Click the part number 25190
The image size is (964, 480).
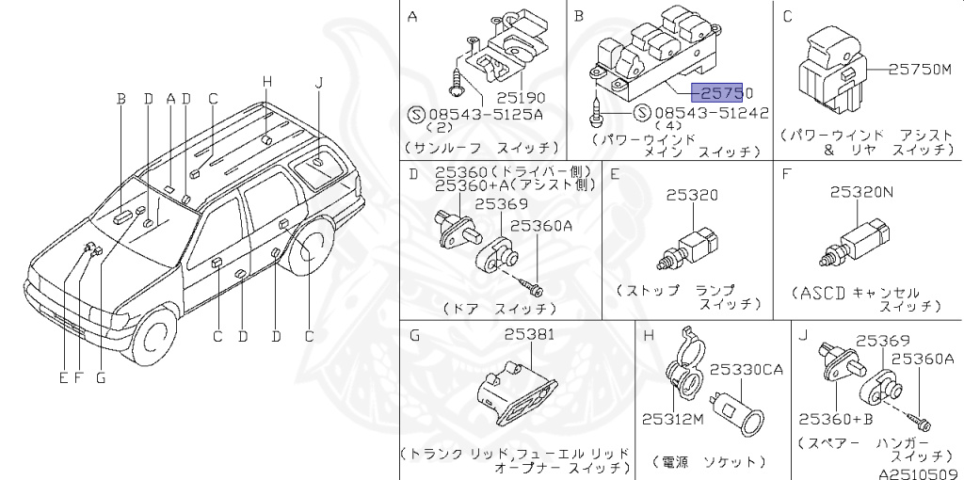[521, 97]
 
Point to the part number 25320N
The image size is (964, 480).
[861, 193]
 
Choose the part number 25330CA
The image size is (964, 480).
[746, 370]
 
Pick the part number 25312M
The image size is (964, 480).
[673, 420]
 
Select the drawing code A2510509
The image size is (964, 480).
[919, 474]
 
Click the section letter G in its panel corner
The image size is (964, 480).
[413, 335]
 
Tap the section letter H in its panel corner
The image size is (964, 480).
[649, 335]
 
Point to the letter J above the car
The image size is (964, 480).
[319, 83]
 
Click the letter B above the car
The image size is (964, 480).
[120, 98]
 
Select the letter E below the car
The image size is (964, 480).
[63, 378]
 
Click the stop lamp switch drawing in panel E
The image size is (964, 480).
[693, 245]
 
